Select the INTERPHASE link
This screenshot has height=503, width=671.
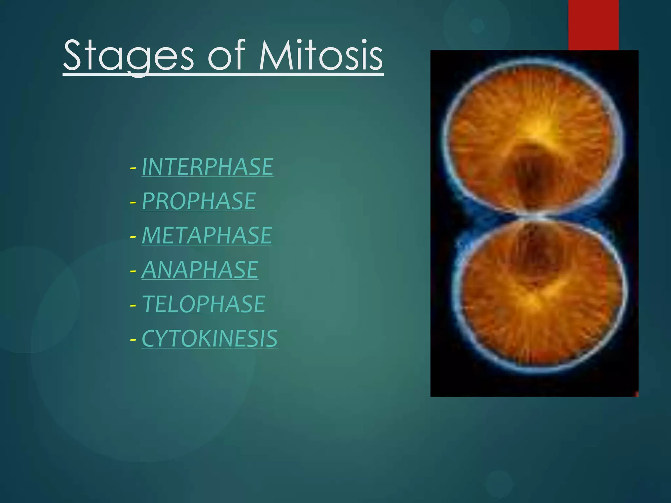pos(207,167)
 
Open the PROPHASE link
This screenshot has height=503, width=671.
pos(199,201)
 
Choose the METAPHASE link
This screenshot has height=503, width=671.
pos(207,235)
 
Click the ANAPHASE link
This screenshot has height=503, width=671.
pos(200,270)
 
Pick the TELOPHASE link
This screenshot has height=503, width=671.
pos(203,304)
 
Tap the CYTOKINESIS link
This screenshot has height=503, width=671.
pos(209,339)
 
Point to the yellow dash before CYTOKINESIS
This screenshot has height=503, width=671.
pos(133,340)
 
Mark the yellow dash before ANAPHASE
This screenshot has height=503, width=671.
pos(133,271)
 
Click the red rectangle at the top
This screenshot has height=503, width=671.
pos(593,25)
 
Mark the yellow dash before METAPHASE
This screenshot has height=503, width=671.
pos(133,237)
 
